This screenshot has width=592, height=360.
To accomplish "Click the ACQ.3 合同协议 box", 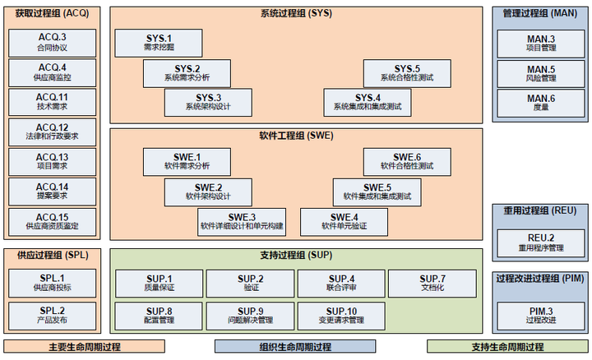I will pos(52,43).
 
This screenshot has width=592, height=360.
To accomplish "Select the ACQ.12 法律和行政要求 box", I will pos(52,132).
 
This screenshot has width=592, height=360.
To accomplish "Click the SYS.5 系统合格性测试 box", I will pos(406,73).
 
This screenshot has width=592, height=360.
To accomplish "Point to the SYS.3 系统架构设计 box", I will pos(208,102).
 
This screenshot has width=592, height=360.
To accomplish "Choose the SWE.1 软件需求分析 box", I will pos(187,161).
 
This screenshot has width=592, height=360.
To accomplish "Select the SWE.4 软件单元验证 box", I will pos(345,221).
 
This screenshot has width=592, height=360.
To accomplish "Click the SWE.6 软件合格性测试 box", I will pos(406,161).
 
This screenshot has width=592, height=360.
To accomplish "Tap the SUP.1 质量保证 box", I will pos(159,283).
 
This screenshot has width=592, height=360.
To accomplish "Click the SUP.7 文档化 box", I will pos(432,283).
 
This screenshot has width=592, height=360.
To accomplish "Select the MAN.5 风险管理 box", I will pos(540,73).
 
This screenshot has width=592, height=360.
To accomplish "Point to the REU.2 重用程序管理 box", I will pos(540,242).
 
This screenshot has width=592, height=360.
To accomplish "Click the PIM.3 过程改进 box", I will pos(540,315).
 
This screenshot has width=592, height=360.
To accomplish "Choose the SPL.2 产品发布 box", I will pos(52,315).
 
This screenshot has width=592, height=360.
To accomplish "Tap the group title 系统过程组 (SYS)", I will pos(296,14).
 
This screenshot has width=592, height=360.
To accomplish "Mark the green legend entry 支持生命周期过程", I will pos(506,347).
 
